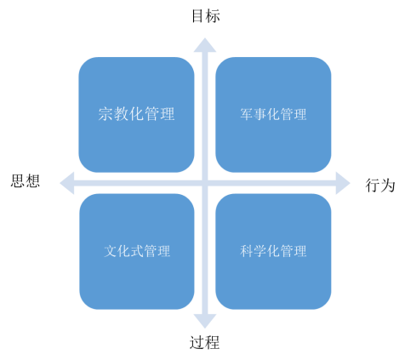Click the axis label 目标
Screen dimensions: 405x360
(x=206, y=16)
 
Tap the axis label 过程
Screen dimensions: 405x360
(x=204, y=342)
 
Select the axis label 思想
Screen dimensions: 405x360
(x=26, y=180)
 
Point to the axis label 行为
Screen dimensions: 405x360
(x=380, y=186)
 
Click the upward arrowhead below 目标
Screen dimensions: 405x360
(x=205, y=45)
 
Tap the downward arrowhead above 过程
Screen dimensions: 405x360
(x=205, y=321)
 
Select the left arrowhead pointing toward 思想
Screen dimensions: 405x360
(x=67, y=183)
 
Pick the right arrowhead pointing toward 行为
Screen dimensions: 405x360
(x=343, y=183)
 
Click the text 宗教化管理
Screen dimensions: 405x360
(x=136, y=114)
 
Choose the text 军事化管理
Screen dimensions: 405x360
(x=273, y=114)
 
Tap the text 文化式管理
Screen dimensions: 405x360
(x=137, y=251)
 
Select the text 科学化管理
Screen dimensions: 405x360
(x=273, y=251)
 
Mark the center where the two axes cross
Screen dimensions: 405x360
(x=205, y=183)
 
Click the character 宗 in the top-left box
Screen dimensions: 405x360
(x=106, y=114)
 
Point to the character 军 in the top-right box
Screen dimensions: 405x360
(x=247, y=114)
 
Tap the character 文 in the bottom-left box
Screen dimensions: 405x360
(x=110, y=251)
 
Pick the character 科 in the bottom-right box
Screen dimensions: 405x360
(x=247, y=251)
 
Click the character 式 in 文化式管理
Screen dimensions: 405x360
(x=137, y=251)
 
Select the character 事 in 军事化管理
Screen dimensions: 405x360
(x=260, y=114)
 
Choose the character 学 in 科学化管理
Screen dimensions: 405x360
(x=260, y=251)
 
